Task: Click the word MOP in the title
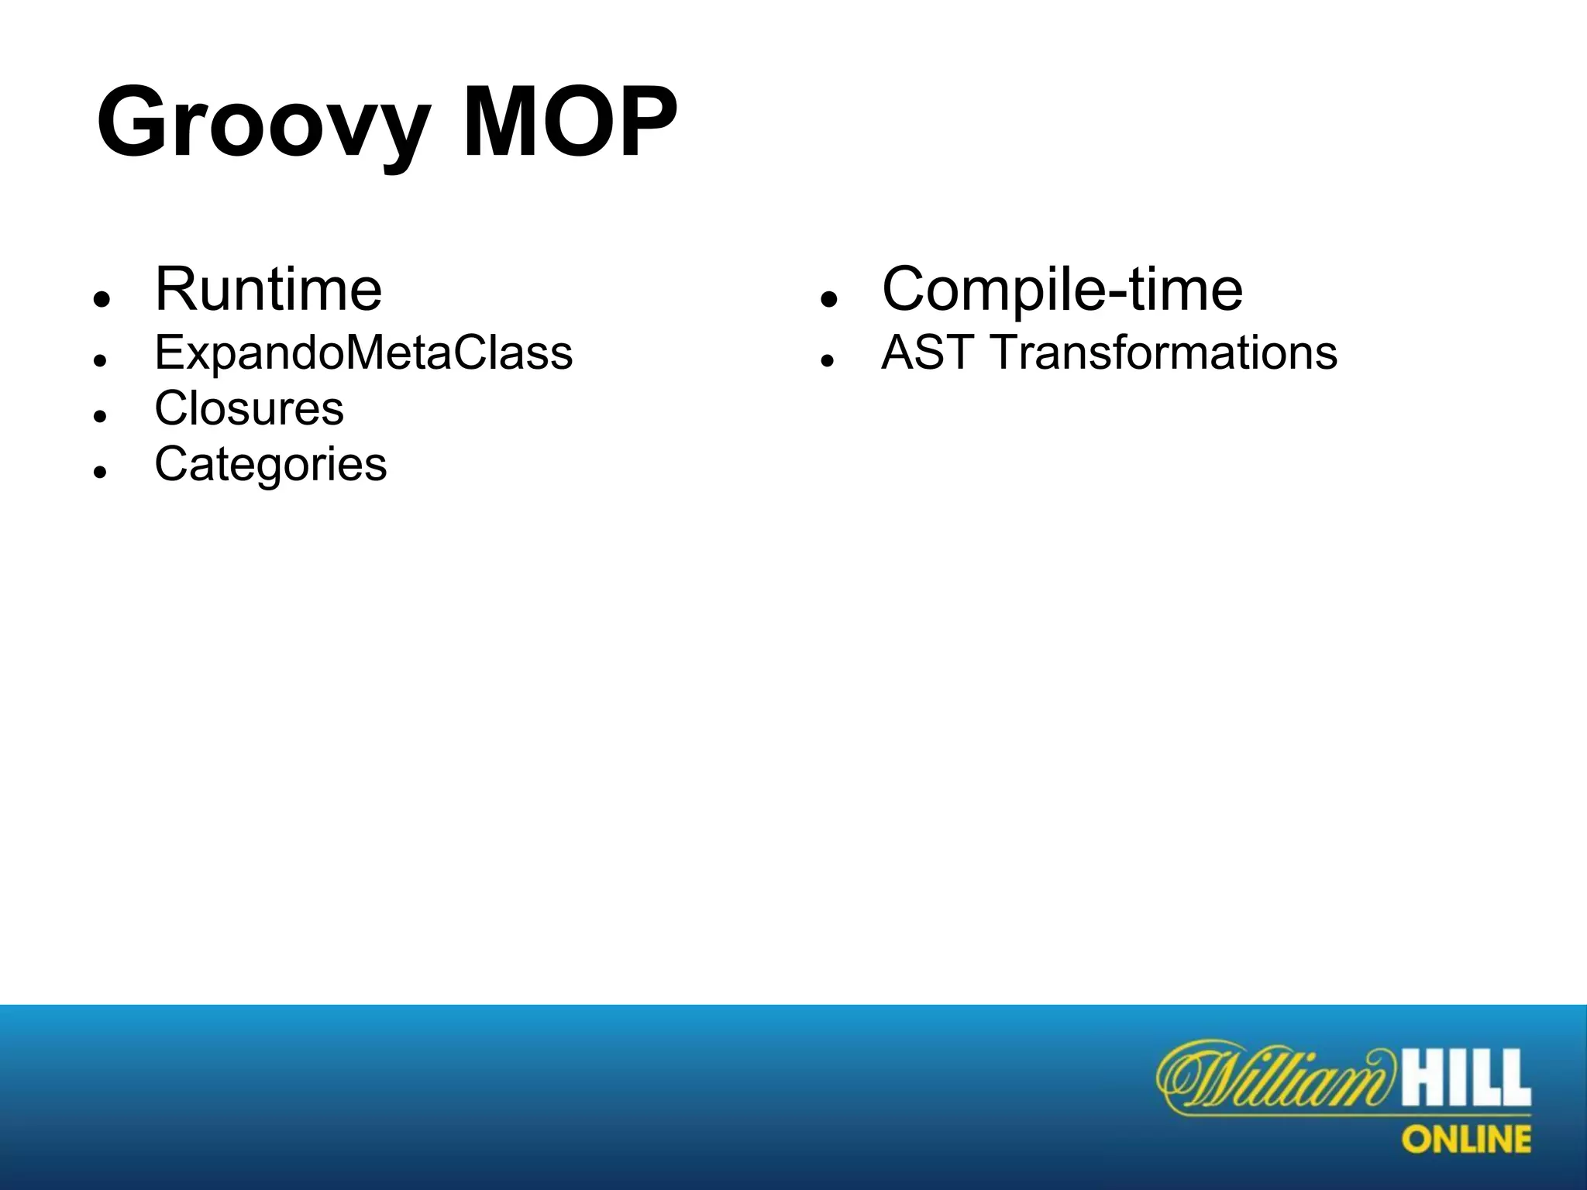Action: [x=570, y=124]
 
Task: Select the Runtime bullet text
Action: [x=268, y=290]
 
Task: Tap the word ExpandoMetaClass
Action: [x=363, y=353]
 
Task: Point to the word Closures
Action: [x=249, y=409]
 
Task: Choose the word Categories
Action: [x=270, y=465]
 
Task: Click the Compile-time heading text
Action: [x=1062, y=290]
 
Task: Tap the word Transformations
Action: [x=1164, y=353]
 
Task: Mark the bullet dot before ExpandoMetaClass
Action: [x=99, y=361]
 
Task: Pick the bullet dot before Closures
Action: [x=99, y=417]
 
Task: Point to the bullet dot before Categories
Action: [x=99, y=472]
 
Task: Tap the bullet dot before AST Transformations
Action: [x=828, y=361]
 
